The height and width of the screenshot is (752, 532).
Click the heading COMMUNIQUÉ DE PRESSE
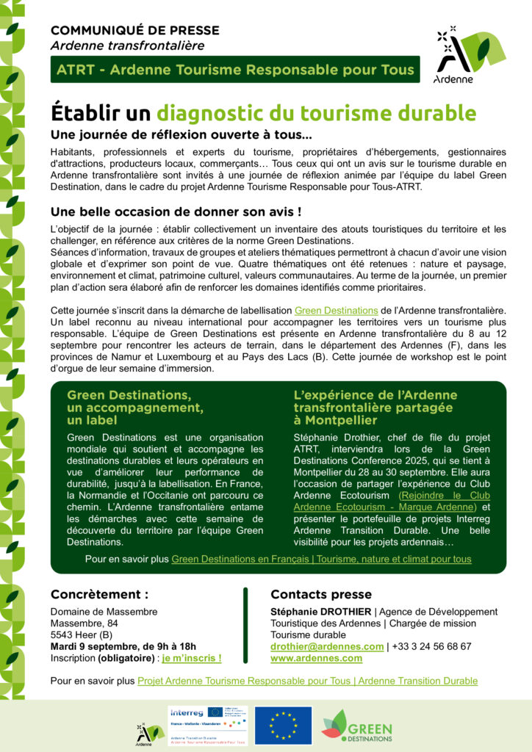(x=134, y=30)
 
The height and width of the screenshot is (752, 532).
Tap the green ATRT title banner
(x=235, y=70)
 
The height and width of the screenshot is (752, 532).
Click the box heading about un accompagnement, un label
(x=135, y=408)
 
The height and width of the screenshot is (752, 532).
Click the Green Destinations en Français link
(x=321, y=559)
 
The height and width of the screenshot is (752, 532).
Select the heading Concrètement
(x=99, y=594)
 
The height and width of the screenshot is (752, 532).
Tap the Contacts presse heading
(x=321, y=594)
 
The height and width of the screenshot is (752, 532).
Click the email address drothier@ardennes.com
(x=327, y=646)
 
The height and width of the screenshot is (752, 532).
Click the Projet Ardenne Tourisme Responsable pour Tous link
(x=307, y=681)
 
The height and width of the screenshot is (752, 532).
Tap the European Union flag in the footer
(x=283, y=725)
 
